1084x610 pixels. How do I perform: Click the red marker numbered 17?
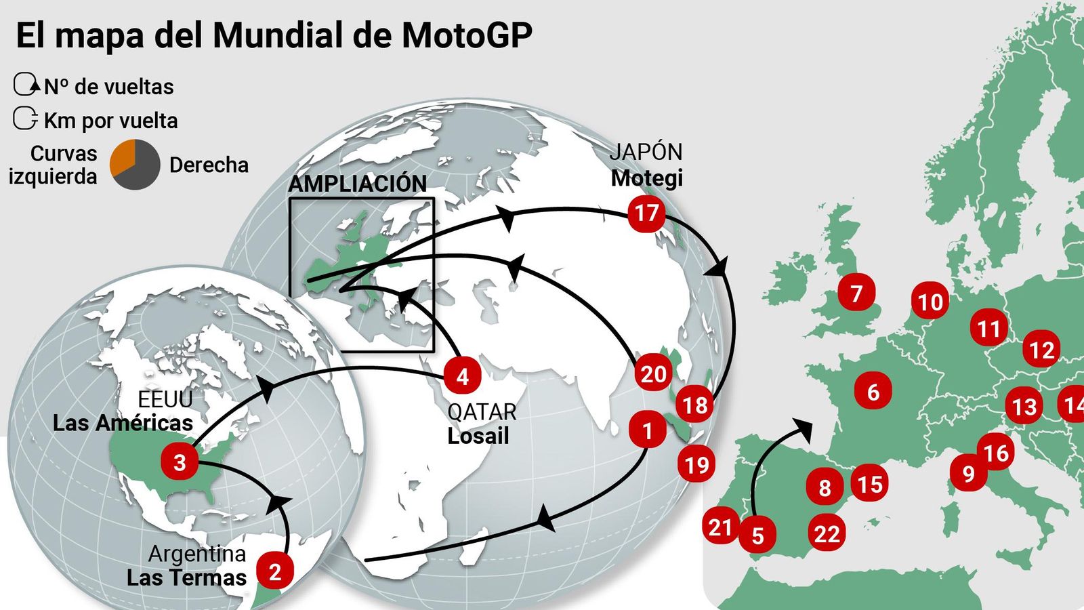point(646,213)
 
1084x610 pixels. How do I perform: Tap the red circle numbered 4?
point(463,376)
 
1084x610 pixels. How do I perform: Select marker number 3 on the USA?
point(180,462)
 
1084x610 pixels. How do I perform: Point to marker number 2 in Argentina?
point(274,571)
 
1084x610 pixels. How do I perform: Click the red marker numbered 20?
point(653,373)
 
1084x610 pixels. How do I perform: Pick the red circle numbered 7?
point(856,293)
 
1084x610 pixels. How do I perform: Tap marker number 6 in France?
point(873,391)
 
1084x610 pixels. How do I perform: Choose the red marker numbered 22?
point(827,534)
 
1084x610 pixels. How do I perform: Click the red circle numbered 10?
point(930,302)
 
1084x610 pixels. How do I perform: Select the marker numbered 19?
point(696,465)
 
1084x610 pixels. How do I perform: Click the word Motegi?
point(646,178)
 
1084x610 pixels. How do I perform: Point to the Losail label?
point(478,436)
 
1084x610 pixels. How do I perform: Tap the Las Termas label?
point(186,577)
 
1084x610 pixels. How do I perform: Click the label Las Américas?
point(123,423)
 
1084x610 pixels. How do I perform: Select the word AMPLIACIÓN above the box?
point(357,184)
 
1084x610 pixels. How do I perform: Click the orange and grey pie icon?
point(135,165)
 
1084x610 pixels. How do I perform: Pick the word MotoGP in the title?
point(467,35)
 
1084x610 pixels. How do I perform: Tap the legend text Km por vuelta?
point(110,121)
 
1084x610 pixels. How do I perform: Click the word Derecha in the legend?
point(209,165)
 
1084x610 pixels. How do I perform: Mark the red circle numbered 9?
point(968,473)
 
